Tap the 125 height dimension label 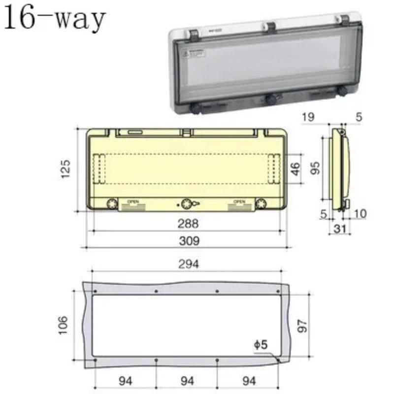[66, 168]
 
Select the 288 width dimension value [188, 224]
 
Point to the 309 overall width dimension [189, 241]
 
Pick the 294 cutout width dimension [189, 264]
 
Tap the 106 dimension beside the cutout [62, 325]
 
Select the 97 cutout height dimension [302, 325]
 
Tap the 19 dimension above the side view [308, 117]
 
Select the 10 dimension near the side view [360, 213]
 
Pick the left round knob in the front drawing [111, 203]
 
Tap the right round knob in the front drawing [261, 203]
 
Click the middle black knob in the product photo [270, 99]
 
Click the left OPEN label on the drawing [133, 201]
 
